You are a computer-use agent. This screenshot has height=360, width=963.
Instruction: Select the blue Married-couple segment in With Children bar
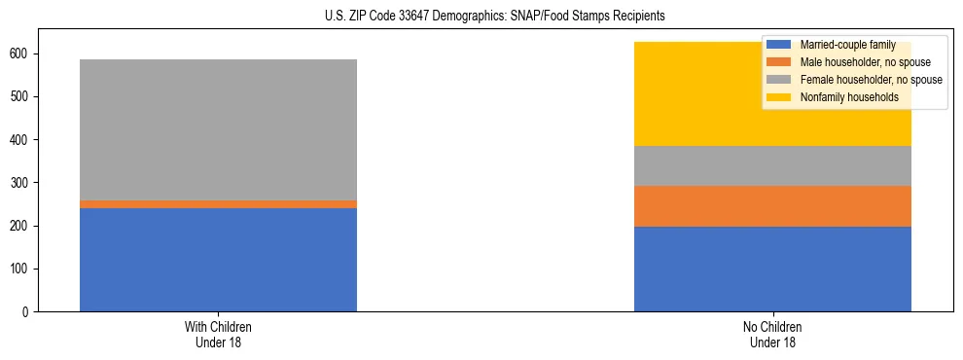218,260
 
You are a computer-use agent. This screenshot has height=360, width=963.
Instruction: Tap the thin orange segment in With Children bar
218,204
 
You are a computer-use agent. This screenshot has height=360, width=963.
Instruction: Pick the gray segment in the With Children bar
218,129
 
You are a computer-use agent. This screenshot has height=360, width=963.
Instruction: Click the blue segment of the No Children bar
772,269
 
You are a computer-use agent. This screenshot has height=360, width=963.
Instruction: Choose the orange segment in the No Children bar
772,206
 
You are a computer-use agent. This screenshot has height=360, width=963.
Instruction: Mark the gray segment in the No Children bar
772,165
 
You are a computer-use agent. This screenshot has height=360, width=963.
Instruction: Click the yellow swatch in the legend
780,97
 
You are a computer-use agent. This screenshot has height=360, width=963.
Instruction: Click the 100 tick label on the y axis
21,269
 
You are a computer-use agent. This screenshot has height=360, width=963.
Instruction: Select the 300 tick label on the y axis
21,183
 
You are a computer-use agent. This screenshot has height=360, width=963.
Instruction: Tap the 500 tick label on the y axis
21,96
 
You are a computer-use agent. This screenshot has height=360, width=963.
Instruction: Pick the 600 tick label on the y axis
21,54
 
